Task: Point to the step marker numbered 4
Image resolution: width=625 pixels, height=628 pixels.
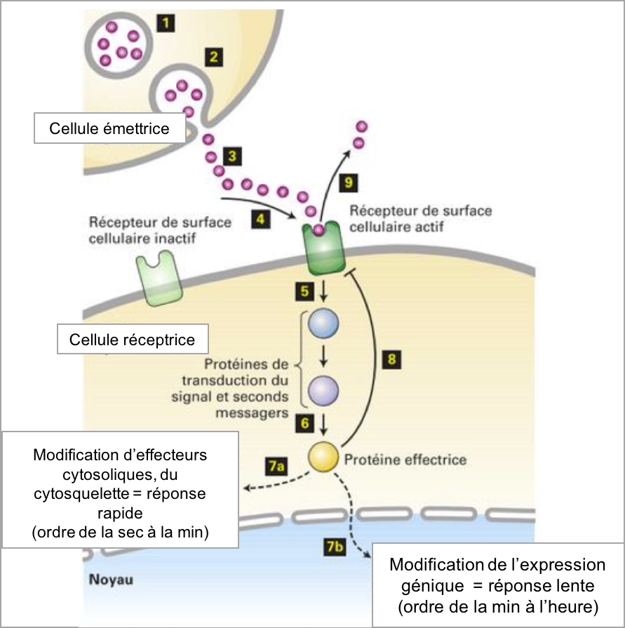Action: pos(261,219)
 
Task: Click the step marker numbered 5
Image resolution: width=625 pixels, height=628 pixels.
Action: pos(304,289)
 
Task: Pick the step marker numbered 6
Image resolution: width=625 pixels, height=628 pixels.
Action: pos(304,423)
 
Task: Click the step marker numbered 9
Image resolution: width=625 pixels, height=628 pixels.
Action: pos(349,184)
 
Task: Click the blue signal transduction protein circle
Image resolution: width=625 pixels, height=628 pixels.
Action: pos(324,324)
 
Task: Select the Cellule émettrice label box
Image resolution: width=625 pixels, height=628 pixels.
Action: pos(109,129)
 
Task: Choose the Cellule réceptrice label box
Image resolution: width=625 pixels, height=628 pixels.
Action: pos(132,340)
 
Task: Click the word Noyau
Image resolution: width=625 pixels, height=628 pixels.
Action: pos(111,580)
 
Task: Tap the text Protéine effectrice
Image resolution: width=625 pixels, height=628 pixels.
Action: pos(405,460)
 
